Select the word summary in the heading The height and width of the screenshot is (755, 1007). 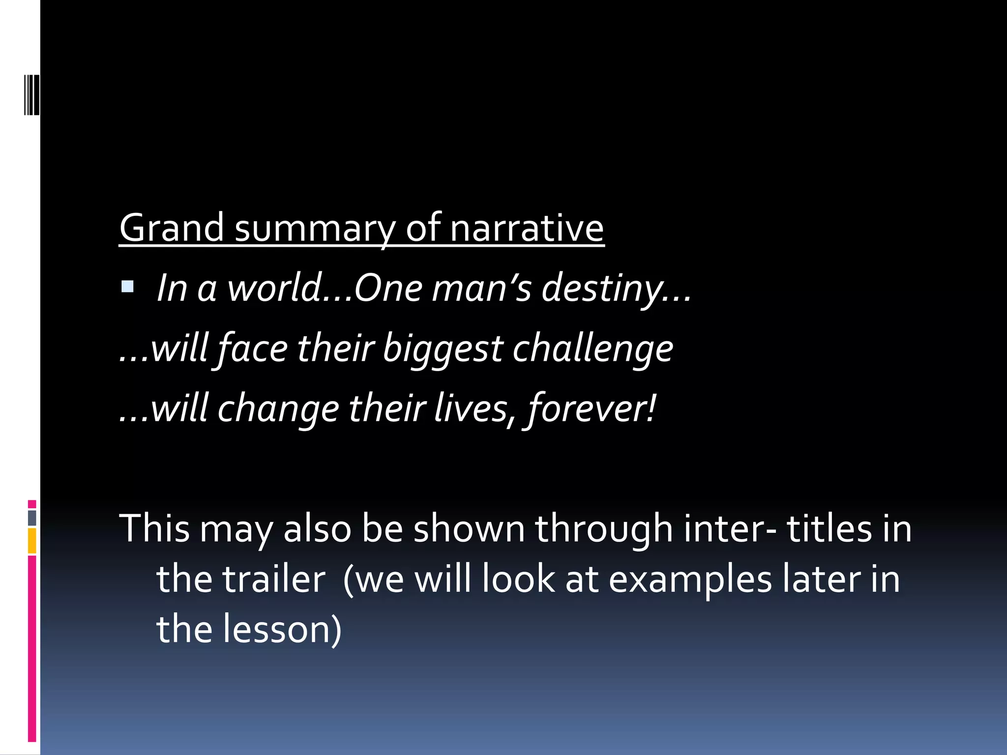pyautogui.click(x=315, y=229)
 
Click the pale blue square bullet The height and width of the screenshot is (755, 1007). pyautogui.click(x=127, y=287)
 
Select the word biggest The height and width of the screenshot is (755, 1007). pyautogui.click(x=443, y=349)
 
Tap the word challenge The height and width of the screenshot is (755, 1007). pyautogui.click(x=592, y=349)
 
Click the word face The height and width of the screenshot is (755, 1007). pyautogui.click(x=253, y=348)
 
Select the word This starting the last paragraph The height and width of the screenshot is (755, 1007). pyautogui.click(x=154, y=528)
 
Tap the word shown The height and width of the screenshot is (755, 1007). pyautogui.click(x=469, y=528)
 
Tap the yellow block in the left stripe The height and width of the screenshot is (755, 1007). pyautogui.click(x=32, y=541)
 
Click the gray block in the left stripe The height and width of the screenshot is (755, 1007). pyautogui.click(x=32, y=518)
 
